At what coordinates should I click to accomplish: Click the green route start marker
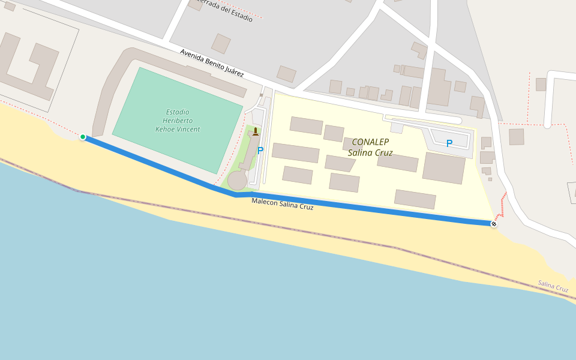tap(83, 137)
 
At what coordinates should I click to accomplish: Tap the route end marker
tap(494, 224)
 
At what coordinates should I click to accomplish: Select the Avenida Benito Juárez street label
tap(212, 63)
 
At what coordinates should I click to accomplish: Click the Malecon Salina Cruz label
tap(282, 204)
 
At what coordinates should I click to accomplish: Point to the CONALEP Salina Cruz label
tap(370, 148)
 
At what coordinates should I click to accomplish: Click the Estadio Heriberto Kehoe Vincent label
tap(178, 121)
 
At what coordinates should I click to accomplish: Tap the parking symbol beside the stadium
tap(260, 151)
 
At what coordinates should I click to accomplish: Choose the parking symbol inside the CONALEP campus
tap(449, 144)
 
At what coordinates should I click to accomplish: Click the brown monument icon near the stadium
tap(256, 132)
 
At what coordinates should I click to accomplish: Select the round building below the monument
tap(237, 180)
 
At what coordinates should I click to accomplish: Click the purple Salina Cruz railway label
tap(553, 286)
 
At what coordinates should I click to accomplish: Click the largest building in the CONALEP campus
tap(444, 167)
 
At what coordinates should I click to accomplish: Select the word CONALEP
tap(370, 142)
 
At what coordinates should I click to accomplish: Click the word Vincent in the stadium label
tap(188, 129)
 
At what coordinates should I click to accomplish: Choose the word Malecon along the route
tap(265, 201)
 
